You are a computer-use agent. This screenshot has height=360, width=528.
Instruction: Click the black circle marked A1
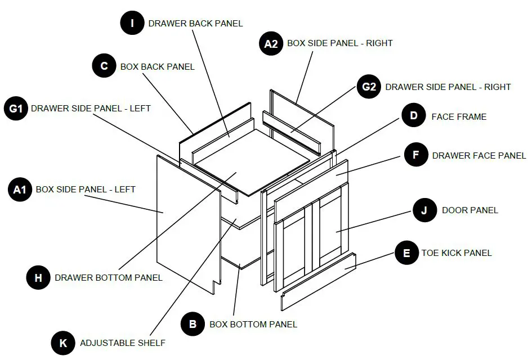pos(20,190)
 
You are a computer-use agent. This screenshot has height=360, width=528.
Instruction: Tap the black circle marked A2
pos(271,43)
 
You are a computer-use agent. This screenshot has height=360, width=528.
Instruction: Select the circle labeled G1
pos(16,108)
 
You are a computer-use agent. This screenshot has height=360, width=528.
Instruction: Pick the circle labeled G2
pos(369,87)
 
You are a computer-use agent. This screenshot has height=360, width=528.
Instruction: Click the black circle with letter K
pos(63,343)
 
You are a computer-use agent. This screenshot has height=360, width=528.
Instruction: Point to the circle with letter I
pos(133,23)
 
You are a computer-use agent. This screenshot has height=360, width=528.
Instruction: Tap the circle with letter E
pos(406,253)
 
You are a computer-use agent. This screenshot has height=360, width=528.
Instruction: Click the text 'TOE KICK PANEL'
pos(457,253)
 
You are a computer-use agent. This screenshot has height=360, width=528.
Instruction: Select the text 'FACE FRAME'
pos(459,117)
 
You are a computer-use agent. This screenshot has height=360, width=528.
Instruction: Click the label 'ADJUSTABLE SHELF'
pos(123,343)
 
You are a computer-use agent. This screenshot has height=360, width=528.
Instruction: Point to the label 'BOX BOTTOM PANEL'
pos(253,324)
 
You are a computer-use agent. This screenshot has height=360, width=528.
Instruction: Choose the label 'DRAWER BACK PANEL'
pos(195,24)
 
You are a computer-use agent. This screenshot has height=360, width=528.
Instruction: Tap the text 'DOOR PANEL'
pos(470,210)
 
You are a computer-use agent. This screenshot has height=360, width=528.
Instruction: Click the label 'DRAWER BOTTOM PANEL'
pos(109,277)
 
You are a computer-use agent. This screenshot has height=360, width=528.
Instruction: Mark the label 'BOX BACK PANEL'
pos(158,66)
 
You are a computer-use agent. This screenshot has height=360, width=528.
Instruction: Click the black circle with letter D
pos(414,116)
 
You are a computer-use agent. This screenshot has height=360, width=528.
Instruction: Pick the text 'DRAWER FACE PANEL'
pos(479,156)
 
